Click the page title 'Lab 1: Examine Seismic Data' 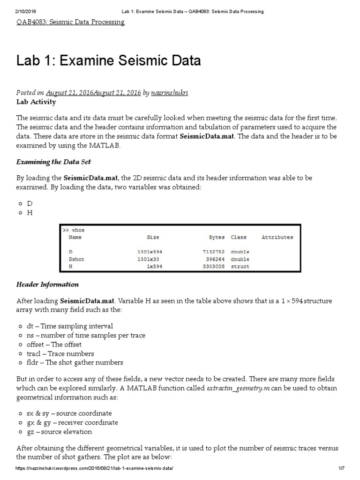coord(108,60)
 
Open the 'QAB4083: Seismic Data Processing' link coord(70,22)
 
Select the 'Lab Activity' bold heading coord(36,102)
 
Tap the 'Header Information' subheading coord(47,285)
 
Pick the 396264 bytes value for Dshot coord(216,259)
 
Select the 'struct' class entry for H coord(240,266)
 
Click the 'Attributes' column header coord(277,237)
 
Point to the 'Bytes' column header coord(217,237)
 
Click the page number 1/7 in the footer coord(341,469)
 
